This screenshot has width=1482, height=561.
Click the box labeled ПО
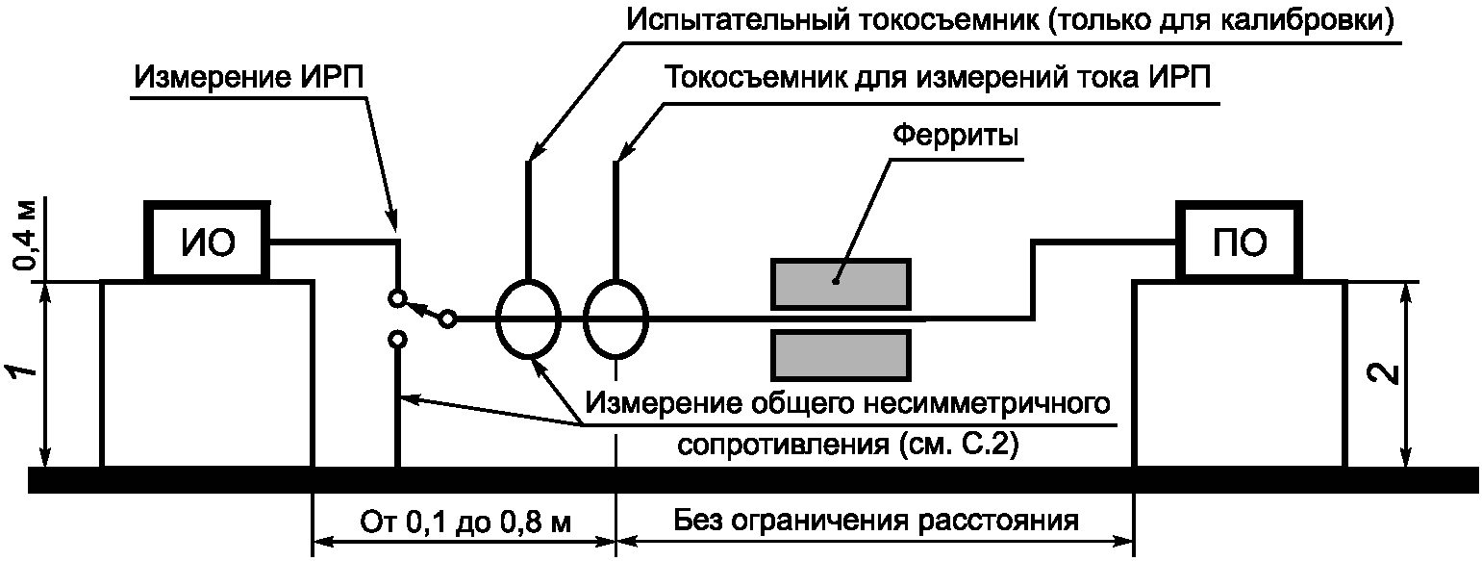[x=1240, y=242]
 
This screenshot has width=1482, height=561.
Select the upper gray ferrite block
[x=841, y=282]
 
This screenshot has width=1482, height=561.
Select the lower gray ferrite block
[x=841, y=355]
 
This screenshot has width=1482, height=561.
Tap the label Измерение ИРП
[x=250, y=78]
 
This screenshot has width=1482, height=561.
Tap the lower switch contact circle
[x=396, y=339]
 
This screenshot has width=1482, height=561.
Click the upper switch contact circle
[x=396, y=298]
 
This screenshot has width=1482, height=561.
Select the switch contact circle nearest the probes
[x=447, y=319]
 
